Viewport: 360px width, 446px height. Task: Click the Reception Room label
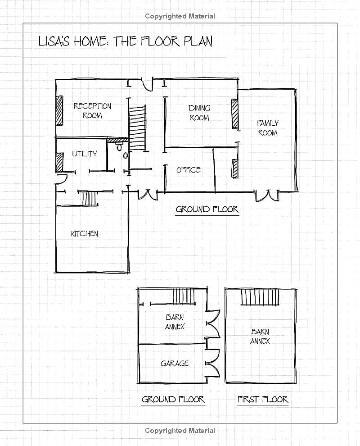92,111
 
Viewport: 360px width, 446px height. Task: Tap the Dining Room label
199,113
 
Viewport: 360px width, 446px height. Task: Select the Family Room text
268,128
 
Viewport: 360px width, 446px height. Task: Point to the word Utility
85,154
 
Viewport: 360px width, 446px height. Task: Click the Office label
189,170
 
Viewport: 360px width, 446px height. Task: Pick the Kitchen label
85,234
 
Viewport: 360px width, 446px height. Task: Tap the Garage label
175,364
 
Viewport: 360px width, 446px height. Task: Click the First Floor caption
263,399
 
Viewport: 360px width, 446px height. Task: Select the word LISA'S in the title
54,41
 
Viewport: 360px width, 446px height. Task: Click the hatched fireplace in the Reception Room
59,111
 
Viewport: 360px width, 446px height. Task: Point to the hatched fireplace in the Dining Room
235,114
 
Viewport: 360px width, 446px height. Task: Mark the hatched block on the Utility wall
59,163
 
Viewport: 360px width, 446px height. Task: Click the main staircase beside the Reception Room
137,128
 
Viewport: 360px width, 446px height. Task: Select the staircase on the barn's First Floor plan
260,297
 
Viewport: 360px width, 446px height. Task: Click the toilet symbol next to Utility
120,147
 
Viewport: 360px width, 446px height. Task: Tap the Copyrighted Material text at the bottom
180,431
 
